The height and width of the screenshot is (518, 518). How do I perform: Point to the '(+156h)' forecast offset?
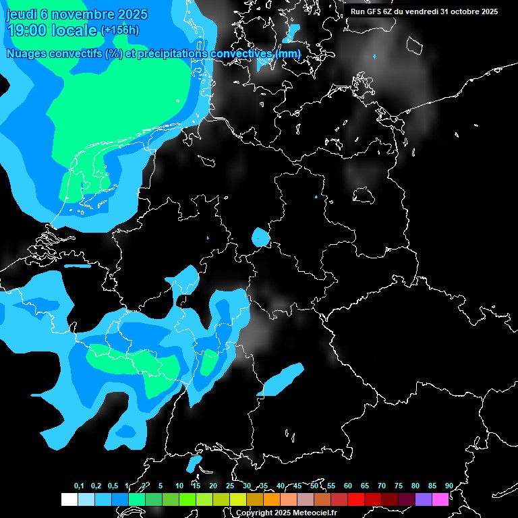[x=120, y=30]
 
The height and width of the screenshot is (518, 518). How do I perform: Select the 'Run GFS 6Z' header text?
[x=375, y=11]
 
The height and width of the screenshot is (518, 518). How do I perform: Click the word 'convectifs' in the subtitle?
[x=74, y=53]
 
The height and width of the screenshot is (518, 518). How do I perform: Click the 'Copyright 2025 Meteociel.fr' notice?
[x=286, y=513]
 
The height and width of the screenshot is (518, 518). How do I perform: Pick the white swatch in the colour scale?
[x=69, y=499]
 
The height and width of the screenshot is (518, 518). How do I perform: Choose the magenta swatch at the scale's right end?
[x=440, y=499]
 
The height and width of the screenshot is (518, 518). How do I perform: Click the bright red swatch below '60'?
[x=355, y=499]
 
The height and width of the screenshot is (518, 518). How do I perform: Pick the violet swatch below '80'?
[x=423, y=499]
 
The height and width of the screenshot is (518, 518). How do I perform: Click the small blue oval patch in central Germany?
[x=260, y=237]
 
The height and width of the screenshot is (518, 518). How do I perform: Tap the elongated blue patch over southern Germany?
[x=282, y=379]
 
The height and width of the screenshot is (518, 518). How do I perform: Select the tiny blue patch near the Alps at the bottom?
[x=194, y=463]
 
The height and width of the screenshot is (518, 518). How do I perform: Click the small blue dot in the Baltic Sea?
[x=374, y=57]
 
